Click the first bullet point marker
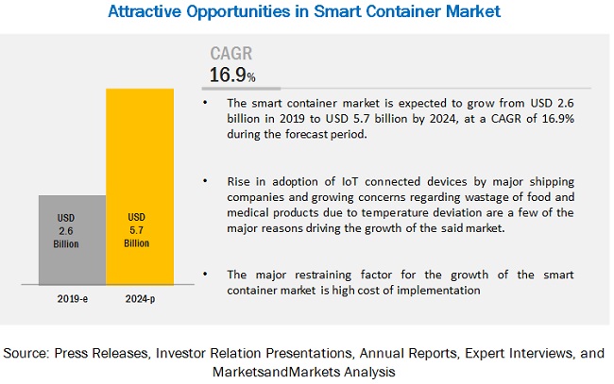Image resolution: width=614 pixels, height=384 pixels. [x=208, y=101]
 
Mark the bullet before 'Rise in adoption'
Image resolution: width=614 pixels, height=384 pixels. [x=208, y=181]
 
